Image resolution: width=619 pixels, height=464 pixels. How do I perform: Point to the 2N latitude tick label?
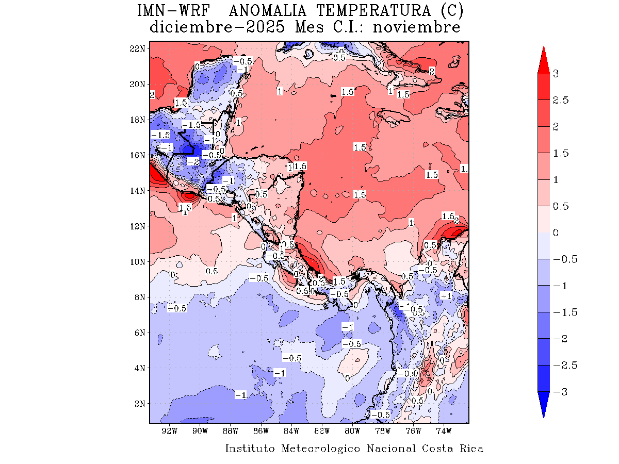(139, 403)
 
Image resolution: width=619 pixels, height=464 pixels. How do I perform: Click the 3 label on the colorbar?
(556, 74)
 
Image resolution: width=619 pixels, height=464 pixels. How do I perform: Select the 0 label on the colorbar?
(556, 233)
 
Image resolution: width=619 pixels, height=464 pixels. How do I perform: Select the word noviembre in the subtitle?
(416, 27)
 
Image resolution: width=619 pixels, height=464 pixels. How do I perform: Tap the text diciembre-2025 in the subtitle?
(217, 27)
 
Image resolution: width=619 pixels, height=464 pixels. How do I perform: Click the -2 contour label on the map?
(193, 162)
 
